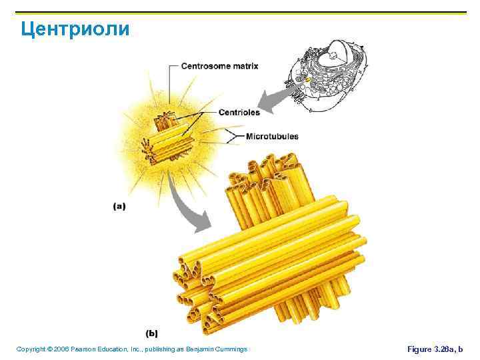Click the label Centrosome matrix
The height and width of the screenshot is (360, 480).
tap(219, 66)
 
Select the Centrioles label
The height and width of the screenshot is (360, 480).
tap(239, 113)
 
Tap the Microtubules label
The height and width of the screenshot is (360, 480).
tap(272, 137)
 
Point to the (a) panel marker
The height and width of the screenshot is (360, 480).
tap(119, 207)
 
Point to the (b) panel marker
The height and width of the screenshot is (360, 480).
tap(152, 333)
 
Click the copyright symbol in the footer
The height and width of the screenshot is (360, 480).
tap(49, 349)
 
